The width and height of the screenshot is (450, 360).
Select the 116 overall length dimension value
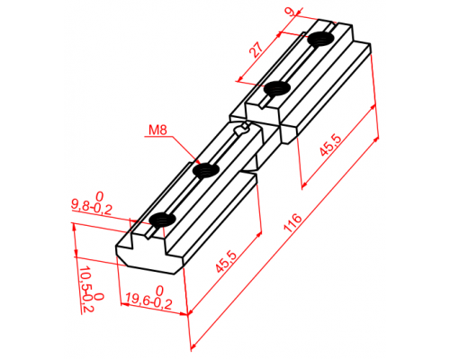[292, 223]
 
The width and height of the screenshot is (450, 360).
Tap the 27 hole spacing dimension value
[256, 49]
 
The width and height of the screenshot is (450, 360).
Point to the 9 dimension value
[290, 12]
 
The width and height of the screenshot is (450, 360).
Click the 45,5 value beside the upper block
[330, 145]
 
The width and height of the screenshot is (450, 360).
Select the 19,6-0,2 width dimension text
[148, 301]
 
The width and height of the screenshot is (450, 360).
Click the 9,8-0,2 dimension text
[92, 207]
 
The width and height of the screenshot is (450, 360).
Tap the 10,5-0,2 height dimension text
[85, 289]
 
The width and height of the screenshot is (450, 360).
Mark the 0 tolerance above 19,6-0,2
[160, 291]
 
